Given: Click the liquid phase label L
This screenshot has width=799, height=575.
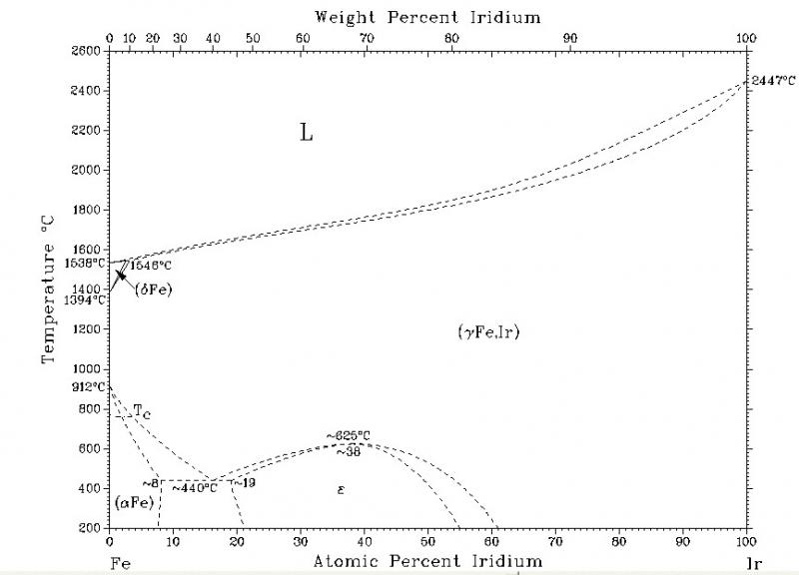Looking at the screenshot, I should coord(307,132).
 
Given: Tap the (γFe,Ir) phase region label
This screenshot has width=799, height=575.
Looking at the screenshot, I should coord(488,332).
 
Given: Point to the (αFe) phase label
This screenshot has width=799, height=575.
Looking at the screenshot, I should coord(132,502).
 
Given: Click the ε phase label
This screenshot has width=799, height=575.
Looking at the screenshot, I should coord(341,488).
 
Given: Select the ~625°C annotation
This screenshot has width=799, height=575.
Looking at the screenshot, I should coord(348,435).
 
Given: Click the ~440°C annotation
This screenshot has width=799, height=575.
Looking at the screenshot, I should coord(194,488).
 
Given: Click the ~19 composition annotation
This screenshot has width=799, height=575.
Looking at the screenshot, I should coord(245,483).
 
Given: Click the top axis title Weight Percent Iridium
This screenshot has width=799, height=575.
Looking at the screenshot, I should coord(428,16).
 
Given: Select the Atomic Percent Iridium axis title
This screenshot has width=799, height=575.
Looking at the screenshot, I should coord(428,561).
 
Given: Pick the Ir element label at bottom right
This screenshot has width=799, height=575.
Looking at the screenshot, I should coord(754,562).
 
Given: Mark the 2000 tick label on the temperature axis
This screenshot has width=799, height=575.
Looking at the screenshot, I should coord(87,170).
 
